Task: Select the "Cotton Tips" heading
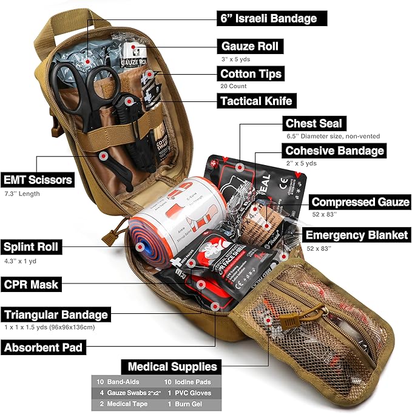(x=251, y=73)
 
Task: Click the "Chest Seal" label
(x=314, y=124)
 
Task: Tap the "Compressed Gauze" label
(x=360, y=202)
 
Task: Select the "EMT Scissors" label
(x=37, y=180)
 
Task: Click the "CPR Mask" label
(x=31, y=283)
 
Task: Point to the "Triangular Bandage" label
(x=56, y=315)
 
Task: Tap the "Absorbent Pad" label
(x=44, y=348)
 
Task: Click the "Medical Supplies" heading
(x=172, y=367)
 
